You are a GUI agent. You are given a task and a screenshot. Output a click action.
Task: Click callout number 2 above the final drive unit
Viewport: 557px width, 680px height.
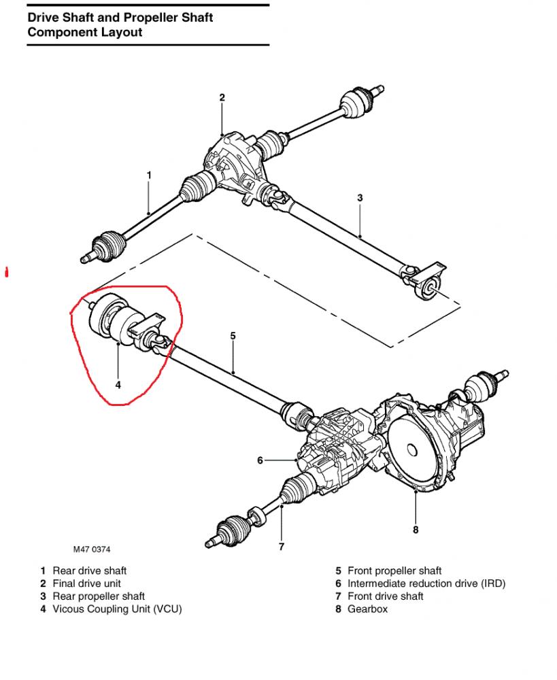(222, 97)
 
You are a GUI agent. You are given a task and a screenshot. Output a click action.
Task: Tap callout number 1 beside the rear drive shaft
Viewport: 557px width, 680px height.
(149, 175)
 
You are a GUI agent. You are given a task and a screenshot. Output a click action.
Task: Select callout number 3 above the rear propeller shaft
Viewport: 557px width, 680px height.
(360, 198)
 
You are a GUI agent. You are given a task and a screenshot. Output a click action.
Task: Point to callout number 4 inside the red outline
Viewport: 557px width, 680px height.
(118, 385)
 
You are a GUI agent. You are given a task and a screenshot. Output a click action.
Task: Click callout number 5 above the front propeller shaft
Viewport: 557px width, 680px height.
(233, 336)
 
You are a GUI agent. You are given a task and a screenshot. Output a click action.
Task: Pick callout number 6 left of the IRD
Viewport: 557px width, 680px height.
(260, 460)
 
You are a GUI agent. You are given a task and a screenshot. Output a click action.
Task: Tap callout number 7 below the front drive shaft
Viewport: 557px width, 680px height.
(282, 547)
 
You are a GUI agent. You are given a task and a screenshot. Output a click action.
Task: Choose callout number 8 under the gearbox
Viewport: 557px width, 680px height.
(416, 530)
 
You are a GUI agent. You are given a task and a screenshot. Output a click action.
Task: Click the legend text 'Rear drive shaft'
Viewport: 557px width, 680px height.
(89, 571)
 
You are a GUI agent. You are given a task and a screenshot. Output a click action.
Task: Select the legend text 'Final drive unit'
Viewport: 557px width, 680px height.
(87, 583)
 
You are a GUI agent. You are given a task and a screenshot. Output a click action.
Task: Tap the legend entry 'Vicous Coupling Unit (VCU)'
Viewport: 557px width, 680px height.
(117, 609)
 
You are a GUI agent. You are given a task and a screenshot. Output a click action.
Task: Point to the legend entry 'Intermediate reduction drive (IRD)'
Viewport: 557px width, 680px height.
(426, 583)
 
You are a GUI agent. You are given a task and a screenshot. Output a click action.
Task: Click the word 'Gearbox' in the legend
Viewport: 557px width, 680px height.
(367, 609)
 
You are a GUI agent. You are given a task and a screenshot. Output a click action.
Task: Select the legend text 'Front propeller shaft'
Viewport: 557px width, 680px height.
(394, 571)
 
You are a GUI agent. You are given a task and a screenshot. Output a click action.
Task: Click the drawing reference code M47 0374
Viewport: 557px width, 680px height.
(92, 549)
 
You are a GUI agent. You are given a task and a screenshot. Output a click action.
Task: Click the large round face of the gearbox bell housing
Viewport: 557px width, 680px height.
(411, 449)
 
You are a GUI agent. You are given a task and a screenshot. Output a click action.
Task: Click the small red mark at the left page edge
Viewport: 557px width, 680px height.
(7, 273)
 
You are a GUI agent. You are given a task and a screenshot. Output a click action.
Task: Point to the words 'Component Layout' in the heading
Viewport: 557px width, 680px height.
(85, 33)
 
